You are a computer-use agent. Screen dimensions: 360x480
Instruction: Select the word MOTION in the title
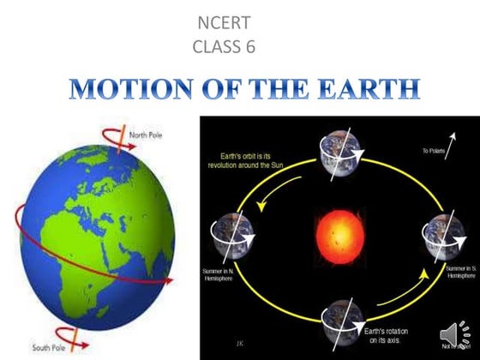pyautogui.click(x=122, y=90)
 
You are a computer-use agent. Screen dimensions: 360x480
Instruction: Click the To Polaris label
pyautogui.click(x=434, y=152)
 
